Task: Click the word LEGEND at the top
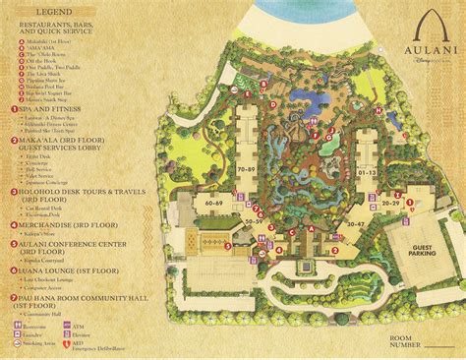coord(56,9)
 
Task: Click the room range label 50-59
coord(254,223)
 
